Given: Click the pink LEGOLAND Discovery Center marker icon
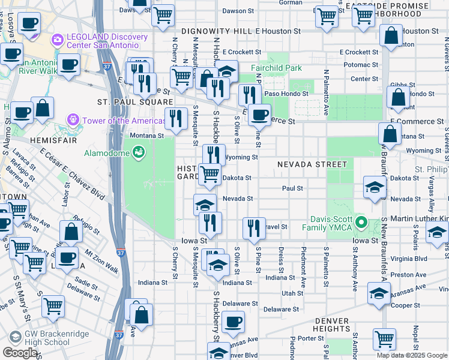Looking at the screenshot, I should [x=58, y=40].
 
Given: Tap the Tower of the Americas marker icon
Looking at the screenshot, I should [x=74, y=121].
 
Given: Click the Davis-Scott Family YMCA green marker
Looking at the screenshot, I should [x=361, y=223].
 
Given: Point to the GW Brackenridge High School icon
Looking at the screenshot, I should [x=14, y=336].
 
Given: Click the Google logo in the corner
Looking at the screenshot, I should [x=19, y=353].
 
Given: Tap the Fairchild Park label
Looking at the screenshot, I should [x=277, y=68].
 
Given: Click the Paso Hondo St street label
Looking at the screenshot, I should [x=286, y=94].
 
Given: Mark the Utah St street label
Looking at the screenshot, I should [x=292, y=293].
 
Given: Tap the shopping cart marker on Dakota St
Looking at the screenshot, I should [x=209, y=175].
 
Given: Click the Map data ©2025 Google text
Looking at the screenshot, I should [x=412, y=355].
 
